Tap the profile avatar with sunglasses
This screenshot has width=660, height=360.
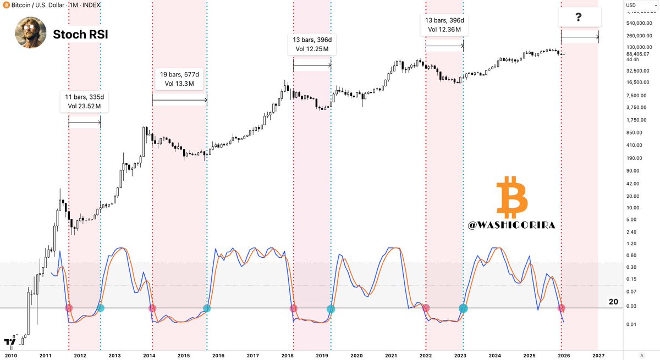(30, 32)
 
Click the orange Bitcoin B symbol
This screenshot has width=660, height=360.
(512, 197)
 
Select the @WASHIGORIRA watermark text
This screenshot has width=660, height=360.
(512, 226)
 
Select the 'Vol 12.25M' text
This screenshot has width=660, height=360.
(312, 49)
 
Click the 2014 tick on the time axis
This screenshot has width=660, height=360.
(149, 356)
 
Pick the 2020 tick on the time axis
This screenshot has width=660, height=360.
(356, 356)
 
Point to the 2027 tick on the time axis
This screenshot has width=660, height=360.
(598, 356)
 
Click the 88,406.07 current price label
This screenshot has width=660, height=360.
(638, 54)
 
